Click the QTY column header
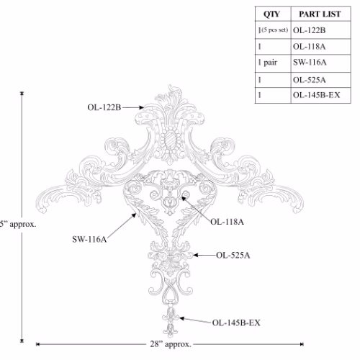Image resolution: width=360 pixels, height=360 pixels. (x=271, y=14)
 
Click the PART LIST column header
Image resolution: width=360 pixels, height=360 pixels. (x=320, y=14)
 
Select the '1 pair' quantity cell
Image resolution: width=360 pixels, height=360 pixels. (x=268, y=63)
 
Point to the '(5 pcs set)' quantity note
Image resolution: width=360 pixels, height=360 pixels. (x=274, y=30)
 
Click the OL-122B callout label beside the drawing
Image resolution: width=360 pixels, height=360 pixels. (x=104, y=107)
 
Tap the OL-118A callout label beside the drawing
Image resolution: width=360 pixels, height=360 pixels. (x=227, y=222)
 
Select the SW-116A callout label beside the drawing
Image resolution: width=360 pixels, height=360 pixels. (x=89, y=239)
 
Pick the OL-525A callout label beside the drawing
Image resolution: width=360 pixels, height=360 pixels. (x=233, y=255)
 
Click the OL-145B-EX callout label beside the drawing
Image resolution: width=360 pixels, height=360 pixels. (x=236, y=323)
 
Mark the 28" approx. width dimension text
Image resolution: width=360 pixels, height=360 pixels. (x=171, y=344)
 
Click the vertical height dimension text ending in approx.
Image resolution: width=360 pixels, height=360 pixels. (x=18, y=224)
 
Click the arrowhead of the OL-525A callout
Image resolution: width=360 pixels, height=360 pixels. (x=195, y=255)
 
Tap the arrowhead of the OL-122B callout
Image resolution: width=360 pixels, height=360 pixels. (x=142, y=107)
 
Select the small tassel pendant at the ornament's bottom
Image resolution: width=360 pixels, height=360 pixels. (x=171, y=323)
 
